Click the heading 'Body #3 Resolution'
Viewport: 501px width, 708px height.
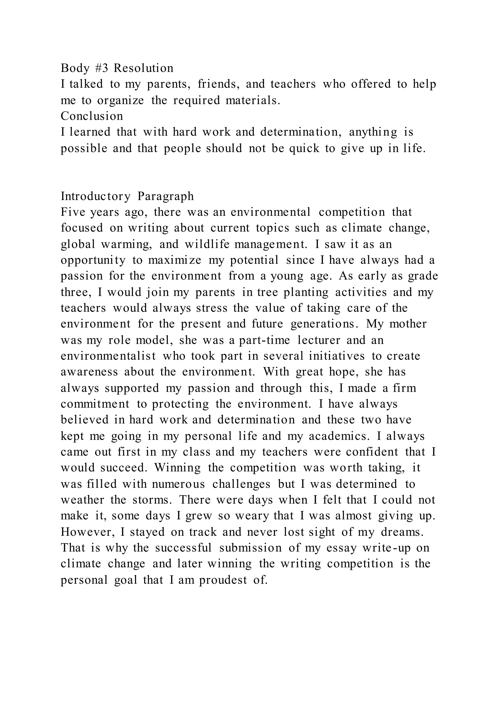click(117, 68)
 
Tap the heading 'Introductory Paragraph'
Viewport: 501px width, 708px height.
click(127, 196)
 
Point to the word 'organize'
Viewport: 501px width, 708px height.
click(120, 100)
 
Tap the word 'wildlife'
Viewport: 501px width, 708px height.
click(207, 244)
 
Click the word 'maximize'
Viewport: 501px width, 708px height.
click(174, 261)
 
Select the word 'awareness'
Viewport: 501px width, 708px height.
click(89, 372)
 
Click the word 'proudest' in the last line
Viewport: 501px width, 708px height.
click(223, 580)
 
